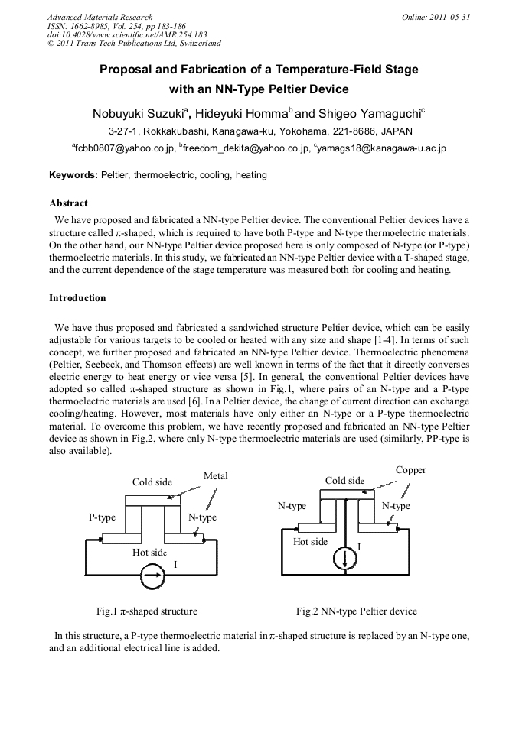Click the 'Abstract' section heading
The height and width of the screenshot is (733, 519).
[68, 203]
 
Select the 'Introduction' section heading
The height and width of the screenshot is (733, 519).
[77, 297]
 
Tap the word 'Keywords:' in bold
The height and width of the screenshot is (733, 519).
[73, 175]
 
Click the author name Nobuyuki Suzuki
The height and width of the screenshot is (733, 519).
[139, 113]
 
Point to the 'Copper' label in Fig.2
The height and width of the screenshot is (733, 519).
[410, 470]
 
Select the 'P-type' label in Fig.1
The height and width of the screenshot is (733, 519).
[102, 517]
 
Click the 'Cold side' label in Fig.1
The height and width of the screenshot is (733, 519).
[152, 482]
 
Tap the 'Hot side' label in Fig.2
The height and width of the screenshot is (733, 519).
[310, 541]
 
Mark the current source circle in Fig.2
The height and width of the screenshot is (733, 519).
[346, 559]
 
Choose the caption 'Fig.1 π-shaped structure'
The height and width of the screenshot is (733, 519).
[146, 611]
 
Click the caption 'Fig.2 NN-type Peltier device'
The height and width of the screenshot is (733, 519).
[357, 611]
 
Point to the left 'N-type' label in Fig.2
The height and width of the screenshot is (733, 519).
[292, 506]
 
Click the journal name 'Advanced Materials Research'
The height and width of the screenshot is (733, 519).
[100, 17]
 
